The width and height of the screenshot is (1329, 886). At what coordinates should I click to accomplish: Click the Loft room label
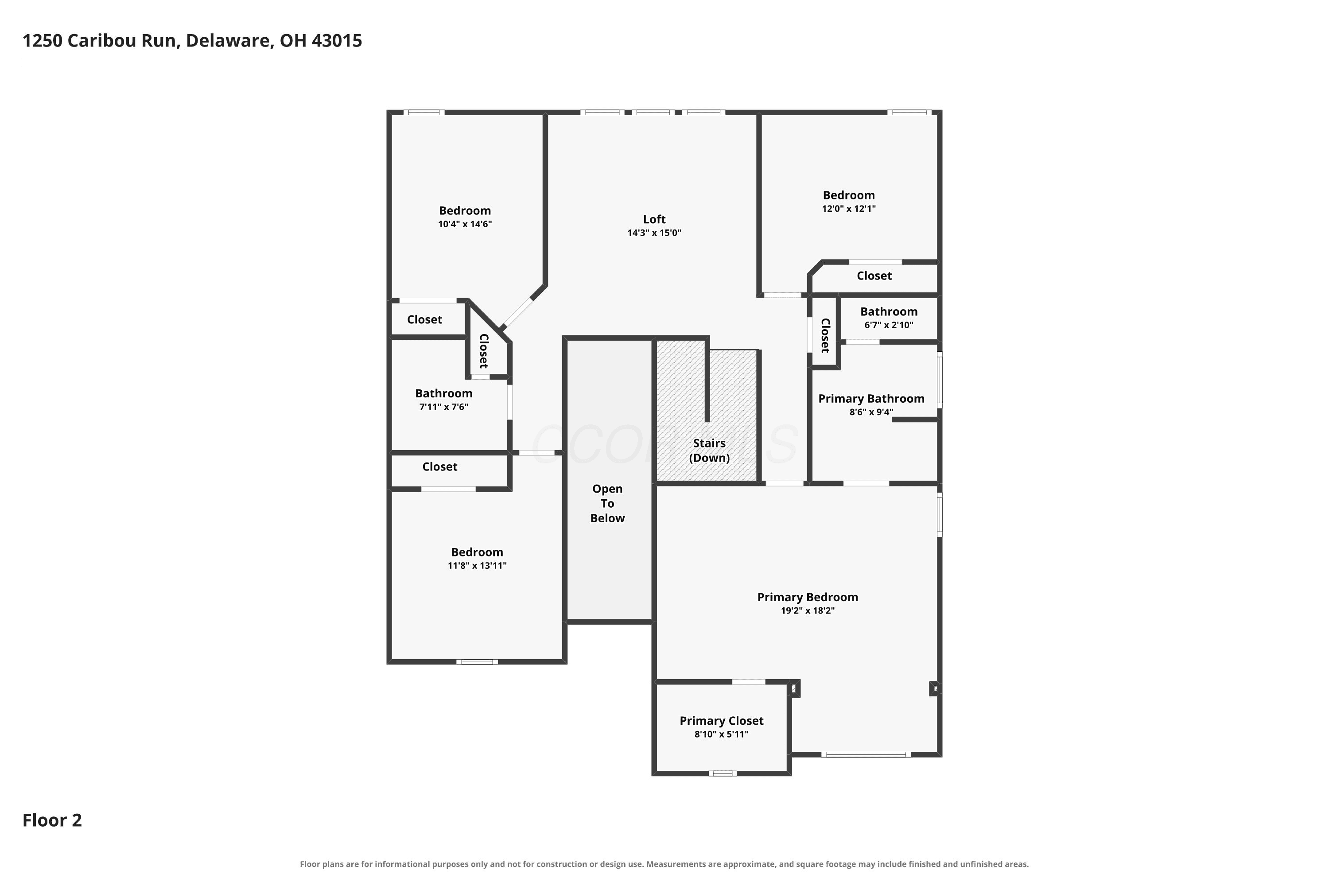pos(654,219)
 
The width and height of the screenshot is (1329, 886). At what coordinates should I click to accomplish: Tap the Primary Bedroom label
pos(808,597)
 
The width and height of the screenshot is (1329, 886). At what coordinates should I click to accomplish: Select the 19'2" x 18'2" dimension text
pos(808,611)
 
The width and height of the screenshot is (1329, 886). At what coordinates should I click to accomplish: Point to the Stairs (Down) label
pos(709,451)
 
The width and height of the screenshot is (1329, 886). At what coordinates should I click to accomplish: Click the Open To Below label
pos(607,503)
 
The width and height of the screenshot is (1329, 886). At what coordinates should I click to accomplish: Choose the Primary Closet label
pos(722,721)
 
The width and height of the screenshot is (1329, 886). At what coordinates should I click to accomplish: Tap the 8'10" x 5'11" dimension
pos(722,734)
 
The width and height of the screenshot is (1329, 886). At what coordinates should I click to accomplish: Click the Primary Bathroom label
pos(871,399)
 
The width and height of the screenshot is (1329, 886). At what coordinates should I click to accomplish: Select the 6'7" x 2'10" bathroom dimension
pos(889,325)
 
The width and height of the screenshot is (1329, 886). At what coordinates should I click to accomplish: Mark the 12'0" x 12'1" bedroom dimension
pos(849,209)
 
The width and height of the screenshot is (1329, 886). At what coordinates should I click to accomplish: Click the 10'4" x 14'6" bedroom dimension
pos(465,224)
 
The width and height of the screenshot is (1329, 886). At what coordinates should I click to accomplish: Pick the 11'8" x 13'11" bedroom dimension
pos(477,566)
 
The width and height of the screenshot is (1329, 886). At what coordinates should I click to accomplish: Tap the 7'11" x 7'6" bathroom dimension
pos(443,407)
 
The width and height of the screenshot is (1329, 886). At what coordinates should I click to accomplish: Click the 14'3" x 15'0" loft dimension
pos(654,233)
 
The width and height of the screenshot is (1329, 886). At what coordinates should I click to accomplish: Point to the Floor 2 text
pos(52,820)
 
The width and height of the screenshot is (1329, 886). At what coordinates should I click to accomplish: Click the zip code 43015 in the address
pos(337,41)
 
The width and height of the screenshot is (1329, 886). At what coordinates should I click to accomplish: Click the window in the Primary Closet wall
pos(723,773)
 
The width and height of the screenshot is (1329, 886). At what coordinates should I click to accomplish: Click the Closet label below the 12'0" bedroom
pos(874,276)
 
